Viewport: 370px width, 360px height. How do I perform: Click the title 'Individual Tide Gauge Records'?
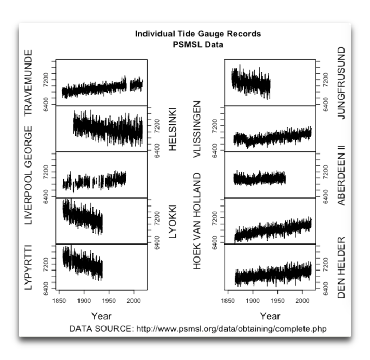pos(197,34)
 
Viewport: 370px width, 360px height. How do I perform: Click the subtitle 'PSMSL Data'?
pos(197,44)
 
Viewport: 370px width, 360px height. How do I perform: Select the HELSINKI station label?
pos(173,129)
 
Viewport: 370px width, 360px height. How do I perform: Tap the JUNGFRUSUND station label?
pos(341,83)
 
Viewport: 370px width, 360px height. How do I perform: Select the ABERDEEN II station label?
pos(341,175)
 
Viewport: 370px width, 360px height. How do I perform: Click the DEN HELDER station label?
pos(341,266)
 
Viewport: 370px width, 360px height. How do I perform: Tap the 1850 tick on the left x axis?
pos(59,301)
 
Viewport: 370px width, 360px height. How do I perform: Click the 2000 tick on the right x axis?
pos(302,301)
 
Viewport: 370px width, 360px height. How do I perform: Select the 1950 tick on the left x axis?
pos(109,301)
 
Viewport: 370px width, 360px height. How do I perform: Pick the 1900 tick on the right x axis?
pos(253,301)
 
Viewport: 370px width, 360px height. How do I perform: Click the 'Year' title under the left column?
pos(101,316)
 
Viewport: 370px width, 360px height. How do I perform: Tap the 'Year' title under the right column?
pos(270,316)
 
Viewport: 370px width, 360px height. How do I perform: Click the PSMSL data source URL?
pos(232,329)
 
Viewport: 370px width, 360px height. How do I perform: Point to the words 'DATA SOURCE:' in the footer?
pos(101,329)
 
